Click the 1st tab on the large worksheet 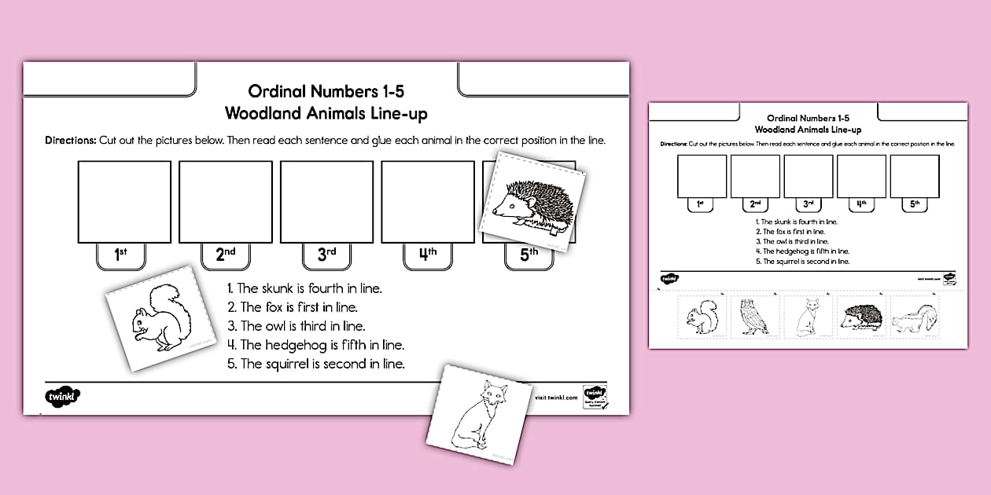[x=121, y=255]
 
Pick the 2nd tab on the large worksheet [x=225, y=255]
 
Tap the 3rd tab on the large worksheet [x=326, y=255]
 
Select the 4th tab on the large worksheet [x=427, y=255]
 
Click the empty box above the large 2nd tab [x=226, y=201]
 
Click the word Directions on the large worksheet [x=70, y=141]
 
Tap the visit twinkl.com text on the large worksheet [x=556, y=398]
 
